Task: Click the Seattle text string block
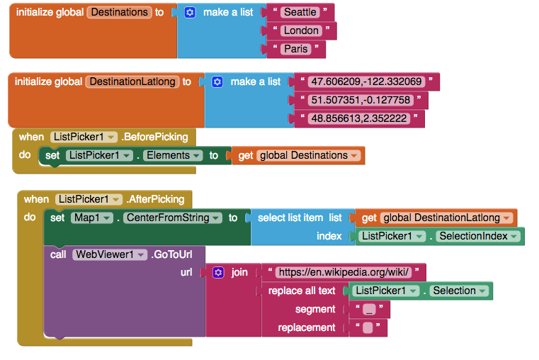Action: pyautogui.click(x=299, y=12)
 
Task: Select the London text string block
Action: pyautogui.click(x=300, y=30)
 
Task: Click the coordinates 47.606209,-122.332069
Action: pyautogui.click(x=367, y=81)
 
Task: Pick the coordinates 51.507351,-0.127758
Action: pyautogui.click(x=361, y=100)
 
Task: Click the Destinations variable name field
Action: pyautogui.click(x=120, y=12)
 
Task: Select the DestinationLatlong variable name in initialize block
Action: pyautogui.click(x=132, y=81)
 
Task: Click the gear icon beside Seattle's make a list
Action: pyautogui.click(x=190, y=12)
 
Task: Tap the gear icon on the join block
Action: pyautogui.click(x=218, y=272)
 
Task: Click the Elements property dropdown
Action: pyautogui.click(x=171, y=155)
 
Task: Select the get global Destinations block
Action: pyautogui.click(x=298, y=155)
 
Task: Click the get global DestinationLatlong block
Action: pyautogui.click(x=438, y=218)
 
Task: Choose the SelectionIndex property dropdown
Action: pyautogui.click(x=478, y=236)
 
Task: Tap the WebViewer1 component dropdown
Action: pyautogui.click(x=110, y=254)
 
